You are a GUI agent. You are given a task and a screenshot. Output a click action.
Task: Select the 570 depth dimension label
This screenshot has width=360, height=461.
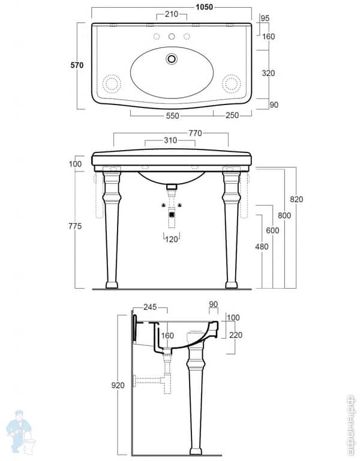76,65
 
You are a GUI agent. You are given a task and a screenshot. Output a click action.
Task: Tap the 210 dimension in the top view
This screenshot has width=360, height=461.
171,14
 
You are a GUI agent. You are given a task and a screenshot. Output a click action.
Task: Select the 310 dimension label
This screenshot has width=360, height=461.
170,140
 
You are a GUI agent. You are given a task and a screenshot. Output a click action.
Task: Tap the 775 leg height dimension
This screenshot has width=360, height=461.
74,225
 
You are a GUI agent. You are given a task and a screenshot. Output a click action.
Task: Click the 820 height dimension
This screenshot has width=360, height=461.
296,199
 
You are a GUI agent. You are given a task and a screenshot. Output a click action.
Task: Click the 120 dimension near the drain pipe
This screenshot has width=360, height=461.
172,240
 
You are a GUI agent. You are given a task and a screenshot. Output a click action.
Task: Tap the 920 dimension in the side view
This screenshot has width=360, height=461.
118,385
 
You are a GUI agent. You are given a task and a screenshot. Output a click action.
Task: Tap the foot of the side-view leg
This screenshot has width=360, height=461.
196,451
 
